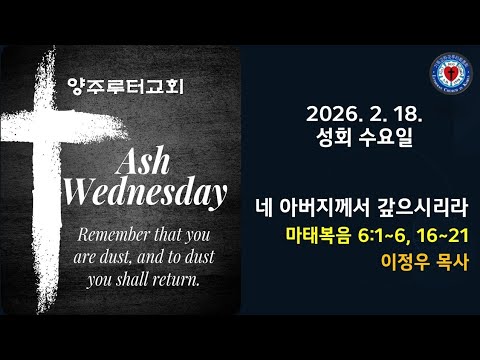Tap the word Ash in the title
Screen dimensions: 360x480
pos(150,160)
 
